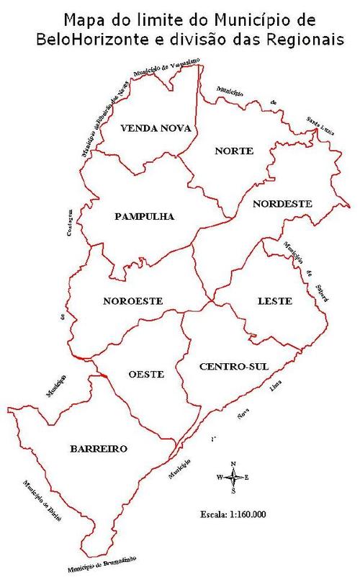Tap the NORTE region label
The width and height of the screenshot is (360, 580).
(234, 151)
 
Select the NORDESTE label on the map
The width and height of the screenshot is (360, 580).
(282, 204)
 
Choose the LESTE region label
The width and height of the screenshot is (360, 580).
(274, 300)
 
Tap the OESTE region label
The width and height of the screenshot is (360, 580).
(146, 374)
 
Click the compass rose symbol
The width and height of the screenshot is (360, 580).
(233, 477)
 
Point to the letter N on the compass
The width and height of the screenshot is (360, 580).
(233, 464)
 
